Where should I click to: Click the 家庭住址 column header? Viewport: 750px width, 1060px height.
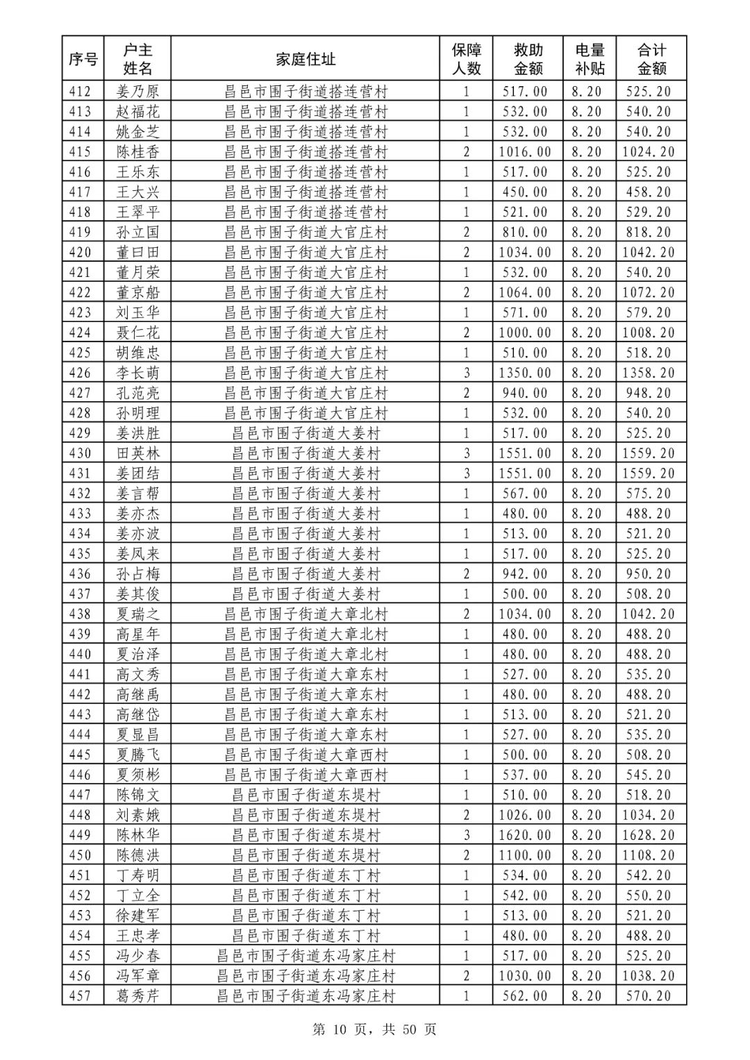[306, 59]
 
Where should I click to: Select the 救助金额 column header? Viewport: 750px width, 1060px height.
[528, 59]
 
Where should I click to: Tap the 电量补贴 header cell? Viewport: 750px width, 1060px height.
[590, 59]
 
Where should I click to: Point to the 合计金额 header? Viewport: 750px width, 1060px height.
[651, 59]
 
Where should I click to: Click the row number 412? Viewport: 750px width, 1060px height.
[81, 91]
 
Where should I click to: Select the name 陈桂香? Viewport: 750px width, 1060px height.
[137, 151]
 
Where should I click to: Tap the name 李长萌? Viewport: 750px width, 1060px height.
[137, 373]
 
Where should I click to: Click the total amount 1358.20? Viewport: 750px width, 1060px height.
[649, 373]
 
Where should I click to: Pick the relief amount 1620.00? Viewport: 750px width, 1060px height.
[525, 835]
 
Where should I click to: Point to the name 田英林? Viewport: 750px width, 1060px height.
[137, 453]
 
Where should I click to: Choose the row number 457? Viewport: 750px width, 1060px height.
[81, 996]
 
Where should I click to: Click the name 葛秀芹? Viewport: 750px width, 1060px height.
[137, 996]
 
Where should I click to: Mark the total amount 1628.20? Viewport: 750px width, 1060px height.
[649, 835]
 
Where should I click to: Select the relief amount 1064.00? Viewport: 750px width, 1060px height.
[525, 292]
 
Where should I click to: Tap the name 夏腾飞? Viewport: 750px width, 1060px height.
[137, 755]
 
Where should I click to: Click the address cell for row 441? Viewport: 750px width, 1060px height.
[306, 674]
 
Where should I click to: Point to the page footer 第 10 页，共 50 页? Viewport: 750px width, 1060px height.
[374, 1029]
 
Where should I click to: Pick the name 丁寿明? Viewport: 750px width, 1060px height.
[137, 875]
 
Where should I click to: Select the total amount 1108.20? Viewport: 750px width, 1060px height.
[649, 855]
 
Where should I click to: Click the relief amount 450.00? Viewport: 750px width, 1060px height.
[525, 192]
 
